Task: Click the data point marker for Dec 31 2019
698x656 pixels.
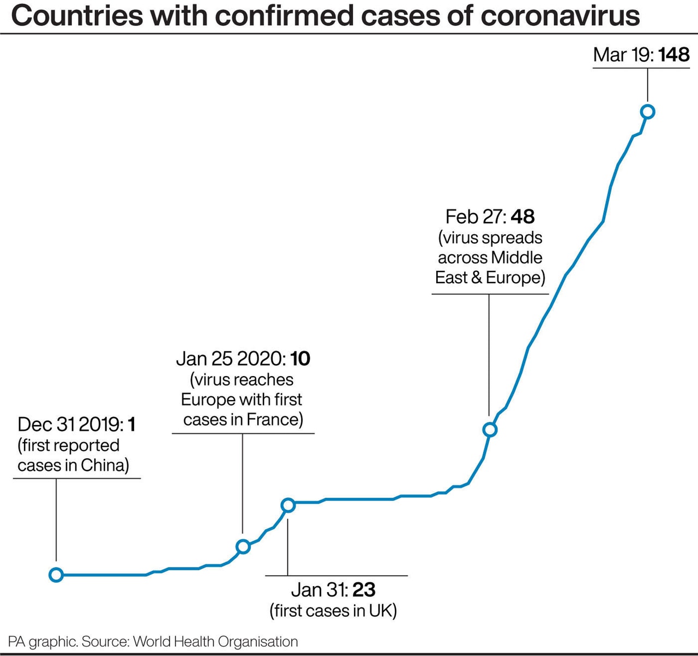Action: point(56,575)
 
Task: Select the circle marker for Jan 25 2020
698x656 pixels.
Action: point(243,546)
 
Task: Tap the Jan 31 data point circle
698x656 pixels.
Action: point(288,505)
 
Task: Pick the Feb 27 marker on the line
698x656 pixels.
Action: point(490,430)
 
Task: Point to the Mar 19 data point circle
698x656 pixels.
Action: point(648,112)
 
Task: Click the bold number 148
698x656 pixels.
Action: point(674,55)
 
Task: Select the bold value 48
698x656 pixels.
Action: point(522,217)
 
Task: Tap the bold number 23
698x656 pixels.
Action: point(364,590)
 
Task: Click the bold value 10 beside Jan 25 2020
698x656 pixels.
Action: point(300,359)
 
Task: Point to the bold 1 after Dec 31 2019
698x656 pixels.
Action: point(131,424)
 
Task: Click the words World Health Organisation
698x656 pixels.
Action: point(215,642)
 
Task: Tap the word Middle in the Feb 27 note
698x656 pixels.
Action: point(516,258)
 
